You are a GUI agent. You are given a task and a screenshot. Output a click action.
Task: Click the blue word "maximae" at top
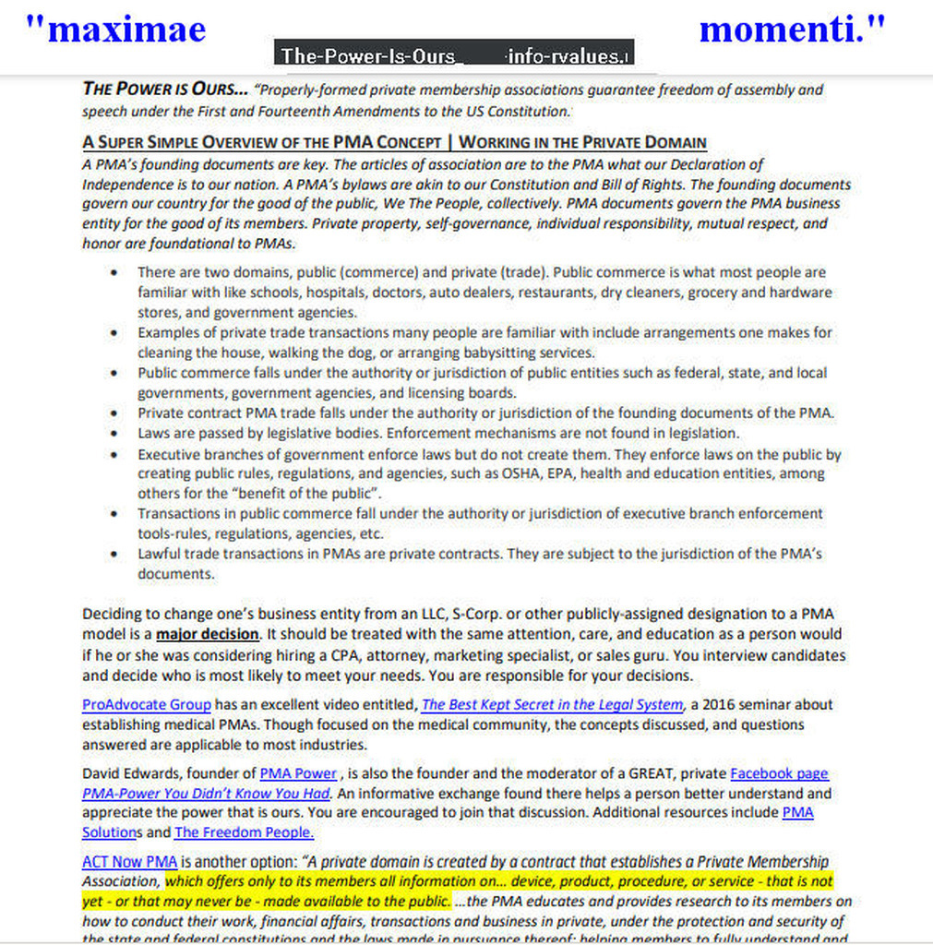114,30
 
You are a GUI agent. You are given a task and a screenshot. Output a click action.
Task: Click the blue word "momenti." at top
791,30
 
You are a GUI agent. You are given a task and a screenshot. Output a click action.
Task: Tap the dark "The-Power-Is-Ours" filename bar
454,54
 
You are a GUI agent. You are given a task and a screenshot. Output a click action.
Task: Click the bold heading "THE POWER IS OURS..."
165,90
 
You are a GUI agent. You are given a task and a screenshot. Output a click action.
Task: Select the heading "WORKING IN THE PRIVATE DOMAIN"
582,142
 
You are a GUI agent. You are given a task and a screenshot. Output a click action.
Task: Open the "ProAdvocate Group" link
147,705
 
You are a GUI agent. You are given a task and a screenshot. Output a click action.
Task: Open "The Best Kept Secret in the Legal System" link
552,705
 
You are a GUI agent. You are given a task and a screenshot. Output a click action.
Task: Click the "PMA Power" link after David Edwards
298,773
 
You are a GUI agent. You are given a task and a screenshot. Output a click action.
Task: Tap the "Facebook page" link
779,773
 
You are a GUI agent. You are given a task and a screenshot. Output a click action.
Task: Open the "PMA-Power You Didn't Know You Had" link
205,794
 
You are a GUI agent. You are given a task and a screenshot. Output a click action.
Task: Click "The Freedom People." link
245,832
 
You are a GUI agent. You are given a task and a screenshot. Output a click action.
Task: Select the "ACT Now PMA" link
129,862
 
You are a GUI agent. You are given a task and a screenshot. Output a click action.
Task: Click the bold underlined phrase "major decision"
207,634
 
